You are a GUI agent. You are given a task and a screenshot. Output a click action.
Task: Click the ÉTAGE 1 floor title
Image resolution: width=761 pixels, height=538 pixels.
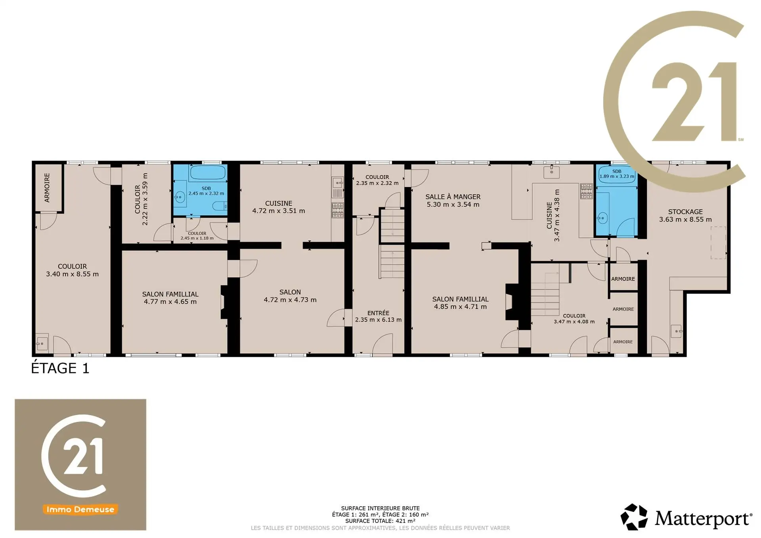[60, 368]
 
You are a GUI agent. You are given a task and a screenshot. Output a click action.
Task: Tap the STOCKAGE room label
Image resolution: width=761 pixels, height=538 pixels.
[685, 212]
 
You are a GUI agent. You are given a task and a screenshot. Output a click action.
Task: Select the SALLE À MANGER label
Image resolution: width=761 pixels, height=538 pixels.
[453, 197]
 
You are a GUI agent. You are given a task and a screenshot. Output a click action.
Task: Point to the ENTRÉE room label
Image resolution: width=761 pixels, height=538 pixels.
[378, 313]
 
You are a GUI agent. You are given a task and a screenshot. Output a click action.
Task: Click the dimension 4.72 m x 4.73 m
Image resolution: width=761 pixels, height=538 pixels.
[290, 300]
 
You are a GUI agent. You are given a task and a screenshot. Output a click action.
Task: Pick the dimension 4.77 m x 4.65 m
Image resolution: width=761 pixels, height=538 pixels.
[170, 302]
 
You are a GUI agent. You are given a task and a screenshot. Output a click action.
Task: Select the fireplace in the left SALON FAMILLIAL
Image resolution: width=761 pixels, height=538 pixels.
[224, 302]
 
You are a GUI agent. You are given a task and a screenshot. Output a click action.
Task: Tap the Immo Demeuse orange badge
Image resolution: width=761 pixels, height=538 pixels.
[80, 509]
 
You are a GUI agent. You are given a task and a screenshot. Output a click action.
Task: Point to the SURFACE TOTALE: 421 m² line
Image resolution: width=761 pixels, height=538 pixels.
[380, 521]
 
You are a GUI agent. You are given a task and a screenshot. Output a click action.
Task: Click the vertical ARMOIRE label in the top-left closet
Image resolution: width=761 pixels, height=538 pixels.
[47, 188]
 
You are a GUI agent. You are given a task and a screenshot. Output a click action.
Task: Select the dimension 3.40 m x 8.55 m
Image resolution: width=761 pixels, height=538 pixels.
[72, 274]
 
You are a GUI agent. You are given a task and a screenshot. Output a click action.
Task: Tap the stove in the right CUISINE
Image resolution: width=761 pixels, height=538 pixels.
[586, 191]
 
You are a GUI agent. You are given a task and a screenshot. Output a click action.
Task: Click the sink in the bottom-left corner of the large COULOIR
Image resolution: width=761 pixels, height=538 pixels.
[42, 343]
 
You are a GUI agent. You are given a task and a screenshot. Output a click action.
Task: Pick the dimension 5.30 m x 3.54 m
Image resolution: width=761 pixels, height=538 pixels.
[453, 205]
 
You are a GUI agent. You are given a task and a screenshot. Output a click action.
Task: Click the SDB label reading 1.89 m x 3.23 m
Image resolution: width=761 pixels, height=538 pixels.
[617, 174]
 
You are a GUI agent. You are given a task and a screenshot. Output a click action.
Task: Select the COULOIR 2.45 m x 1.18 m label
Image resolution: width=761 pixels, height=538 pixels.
[197, 236]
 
